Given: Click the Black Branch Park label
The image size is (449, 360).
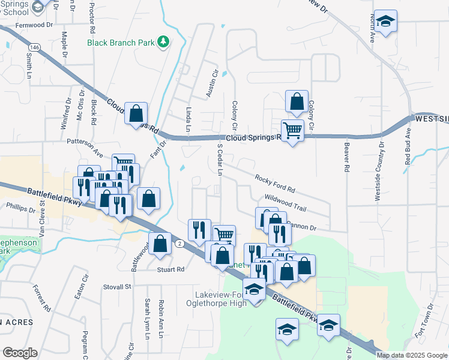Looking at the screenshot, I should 121,43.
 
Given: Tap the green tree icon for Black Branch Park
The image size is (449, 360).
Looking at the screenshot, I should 163,42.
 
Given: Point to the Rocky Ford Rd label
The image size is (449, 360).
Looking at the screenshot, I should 275,184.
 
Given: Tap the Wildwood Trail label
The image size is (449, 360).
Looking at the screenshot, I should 286,204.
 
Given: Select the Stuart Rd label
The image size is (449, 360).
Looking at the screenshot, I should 170,269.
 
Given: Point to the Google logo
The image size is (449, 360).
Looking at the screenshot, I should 20,353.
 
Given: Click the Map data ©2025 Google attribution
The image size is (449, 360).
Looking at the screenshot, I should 412,355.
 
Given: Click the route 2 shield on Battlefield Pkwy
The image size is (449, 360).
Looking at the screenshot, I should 179,243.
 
